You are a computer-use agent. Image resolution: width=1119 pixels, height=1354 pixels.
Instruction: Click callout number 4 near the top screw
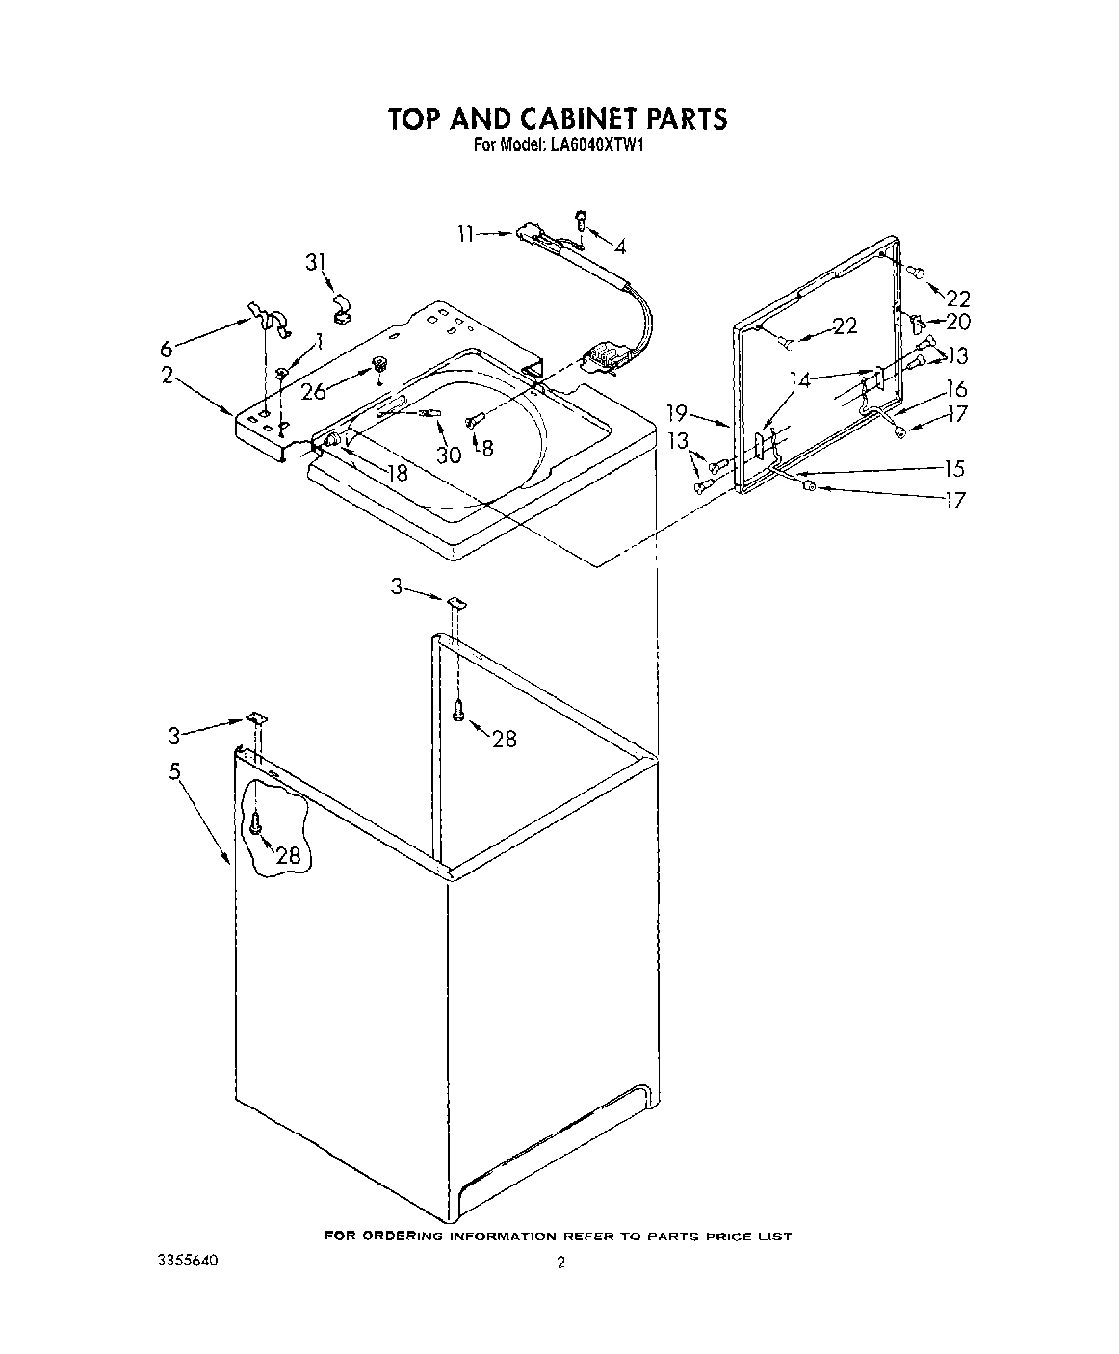[619, 247]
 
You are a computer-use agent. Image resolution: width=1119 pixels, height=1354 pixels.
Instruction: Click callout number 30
[449, 455]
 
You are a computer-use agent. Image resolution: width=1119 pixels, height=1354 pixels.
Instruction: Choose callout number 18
[397, 473]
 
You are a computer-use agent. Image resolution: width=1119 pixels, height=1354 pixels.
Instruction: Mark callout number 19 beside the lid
[677, 413]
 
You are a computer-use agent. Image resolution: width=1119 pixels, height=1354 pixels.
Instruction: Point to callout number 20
[958, 323]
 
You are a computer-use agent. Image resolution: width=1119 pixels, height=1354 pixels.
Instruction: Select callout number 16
[956, 389]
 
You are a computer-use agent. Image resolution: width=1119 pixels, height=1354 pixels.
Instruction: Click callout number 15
[953, 469]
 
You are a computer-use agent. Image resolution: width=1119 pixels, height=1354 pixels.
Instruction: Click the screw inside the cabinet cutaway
[255, 823]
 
